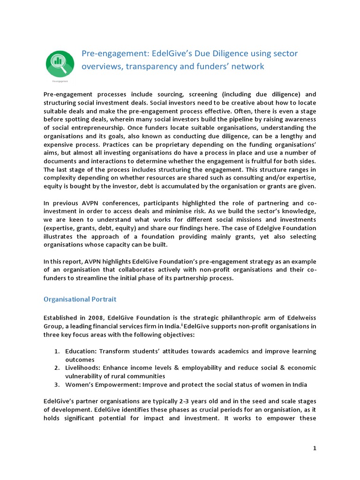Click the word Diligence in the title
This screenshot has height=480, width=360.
pos(223,53)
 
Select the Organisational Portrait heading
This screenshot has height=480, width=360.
pos(80,299)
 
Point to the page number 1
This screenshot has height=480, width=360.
pos(315,448)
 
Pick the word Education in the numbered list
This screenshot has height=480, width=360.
pos(81,351)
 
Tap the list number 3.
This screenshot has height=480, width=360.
pos(56,384)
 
